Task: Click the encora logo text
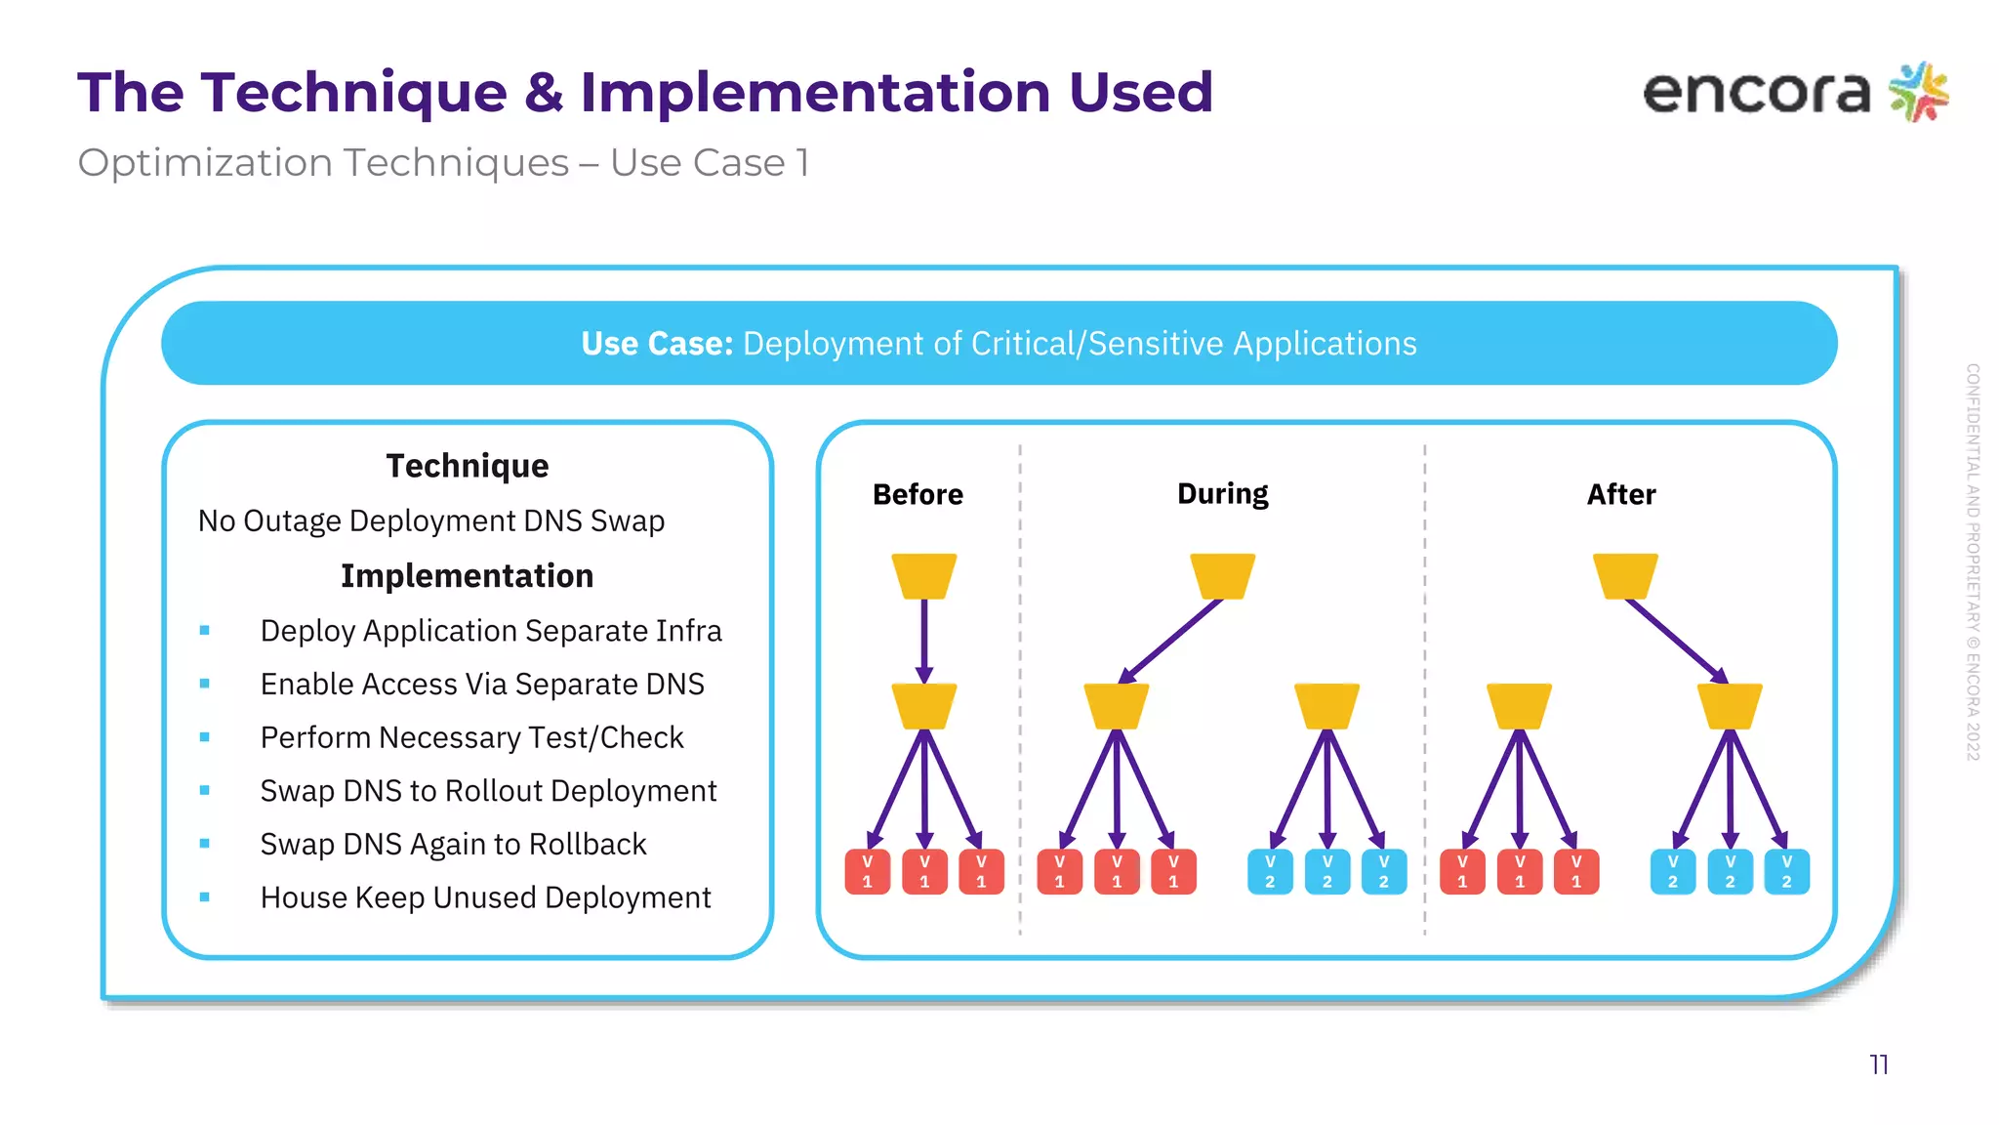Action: [x=1755, y=94]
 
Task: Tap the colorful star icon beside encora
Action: [x=1919, y=92]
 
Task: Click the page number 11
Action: [x=1879, y=1064]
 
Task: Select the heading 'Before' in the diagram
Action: [x=918, y=494]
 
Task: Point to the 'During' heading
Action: [x=1222, y=494]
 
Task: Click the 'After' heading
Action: [x=1620, y=494]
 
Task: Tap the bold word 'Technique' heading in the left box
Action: [x=467, y=466]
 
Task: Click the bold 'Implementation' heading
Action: [x=467, y=576]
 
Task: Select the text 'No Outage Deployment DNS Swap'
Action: [x=430, y=521]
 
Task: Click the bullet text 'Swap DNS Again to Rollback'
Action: [x=453, y=844]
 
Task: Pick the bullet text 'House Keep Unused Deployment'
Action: [x=485, y=897]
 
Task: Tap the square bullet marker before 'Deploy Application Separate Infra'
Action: [x=205, y=631]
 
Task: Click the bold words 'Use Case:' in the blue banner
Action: [x=656, y=344]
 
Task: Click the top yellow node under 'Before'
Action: [x=923, y=575]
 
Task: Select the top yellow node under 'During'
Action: [x=1222, y=575]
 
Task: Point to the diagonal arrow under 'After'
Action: [x=1675, y=641]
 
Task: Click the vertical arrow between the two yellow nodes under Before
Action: [x=923, y=640]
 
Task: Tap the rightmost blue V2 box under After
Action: [x=1786, y=871]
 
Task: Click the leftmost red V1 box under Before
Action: [x=867, y=871]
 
